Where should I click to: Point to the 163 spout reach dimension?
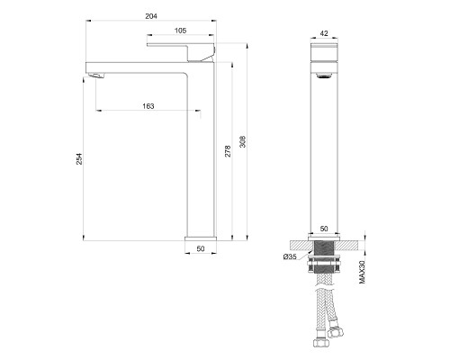point(148,106)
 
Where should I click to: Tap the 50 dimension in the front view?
point(325,229)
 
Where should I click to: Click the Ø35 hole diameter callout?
point(289,257)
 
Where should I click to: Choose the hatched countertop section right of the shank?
point(354,245)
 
